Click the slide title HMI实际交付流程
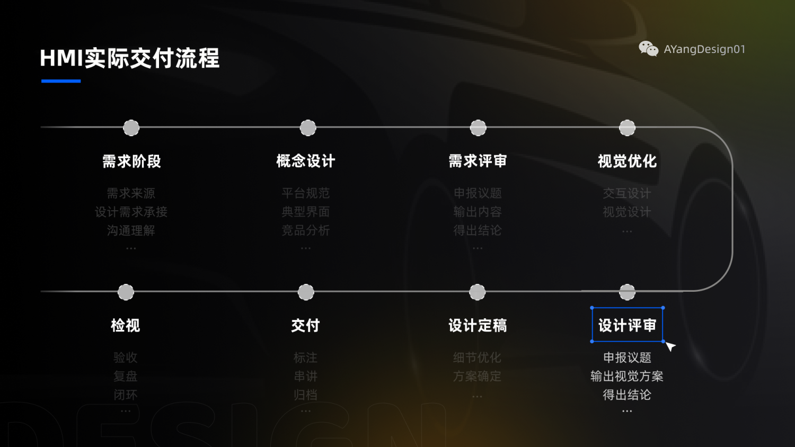point(130,58)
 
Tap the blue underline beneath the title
point(61,81)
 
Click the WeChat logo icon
point(648,49)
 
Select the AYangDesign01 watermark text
point(704,49)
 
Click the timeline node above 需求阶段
point(131,128)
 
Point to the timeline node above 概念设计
point(308,128)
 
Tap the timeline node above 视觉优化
point(627,128)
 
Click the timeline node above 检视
point(126,292)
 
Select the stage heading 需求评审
point(478,161)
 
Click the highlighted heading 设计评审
point(627,325)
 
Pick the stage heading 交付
point(305,325)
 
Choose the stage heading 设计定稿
point(478,325)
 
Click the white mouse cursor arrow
point(670,346)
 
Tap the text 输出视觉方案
point(627,376)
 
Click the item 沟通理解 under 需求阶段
point(131,230)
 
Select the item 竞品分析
point(306,230)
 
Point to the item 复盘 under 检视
point(126,376)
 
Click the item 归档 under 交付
point(306,395)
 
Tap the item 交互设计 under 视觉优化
point(627,193)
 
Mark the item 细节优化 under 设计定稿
point(477,357)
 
